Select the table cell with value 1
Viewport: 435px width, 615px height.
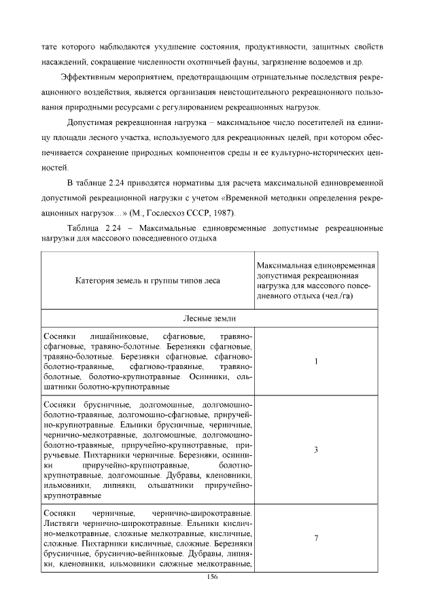[317, 362]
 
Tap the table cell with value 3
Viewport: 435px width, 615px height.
[317, 450]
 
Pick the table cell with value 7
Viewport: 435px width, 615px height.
[317, 538]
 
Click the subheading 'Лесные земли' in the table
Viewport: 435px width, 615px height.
[211, 318]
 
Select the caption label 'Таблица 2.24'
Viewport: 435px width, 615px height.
[94, 228]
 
